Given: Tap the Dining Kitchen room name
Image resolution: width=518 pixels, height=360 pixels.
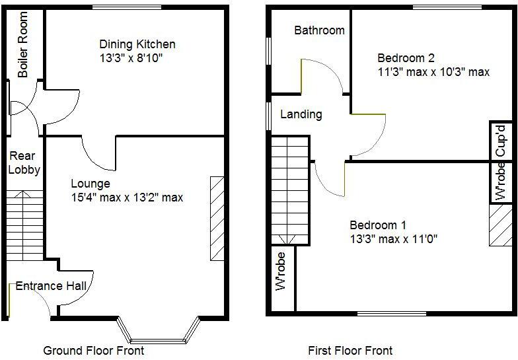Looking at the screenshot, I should tap(137, 44).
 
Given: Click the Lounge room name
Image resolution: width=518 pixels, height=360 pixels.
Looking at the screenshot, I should tap(91, 184).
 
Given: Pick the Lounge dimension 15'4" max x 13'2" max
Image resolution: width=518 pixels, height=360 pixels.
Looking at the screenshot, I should tap(127, 197).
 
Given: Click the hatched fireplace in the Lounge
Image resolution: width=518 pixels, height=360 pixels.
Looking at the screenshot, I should tap(217, 219).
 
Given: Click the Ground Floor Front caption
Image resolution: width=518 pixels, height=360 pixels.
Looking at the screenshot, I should tap(93, 350).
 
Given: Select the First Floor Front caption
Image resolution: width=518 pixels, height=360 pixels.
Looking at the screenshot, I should tap(350, 350).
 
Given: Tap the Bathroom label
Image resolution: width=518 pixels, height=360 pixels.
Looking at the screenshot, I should tap(319, 30).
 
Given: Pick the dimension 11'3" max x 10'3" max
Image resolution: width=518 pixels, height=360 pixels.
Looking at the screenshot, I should tap(433, 72).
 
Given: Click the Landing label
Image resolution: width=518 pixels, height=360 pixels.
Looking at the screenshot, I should tap(301, 114).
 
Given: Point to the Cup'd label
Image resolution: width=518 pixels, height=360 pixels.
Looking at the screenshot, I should tap(501, 139).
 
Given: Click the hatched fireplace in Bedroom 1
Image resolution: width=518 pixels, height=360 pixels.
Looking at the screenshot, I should tap(499, 225).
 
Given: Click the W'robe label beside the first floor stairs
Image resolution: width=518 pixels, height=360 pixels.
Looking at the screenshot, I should tap(281, 271).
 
